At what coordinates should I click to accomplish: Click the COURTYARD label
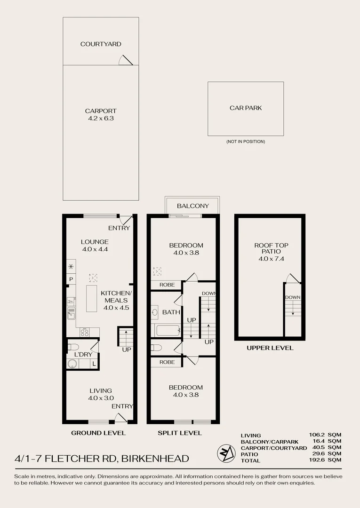point(101,44)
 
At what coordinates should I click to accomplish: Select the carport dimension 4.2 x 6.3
point(101,118)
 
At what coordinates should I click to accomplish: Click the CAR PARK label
point(246,108)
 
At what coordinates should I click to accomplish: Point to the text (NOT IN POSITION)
point(246,142)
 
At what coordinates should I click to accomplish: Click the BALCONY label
point(193,206)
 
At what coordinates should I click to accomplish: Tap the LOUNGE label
point(95,242)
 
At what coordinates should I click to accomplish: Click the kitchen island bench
point(92,298)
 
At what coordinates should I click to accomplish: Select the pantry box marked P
point(71,279)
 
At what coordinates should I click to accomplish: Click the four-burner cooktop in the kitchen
point(85,333)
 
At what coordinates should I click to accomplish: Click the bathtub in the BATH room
point(168,331)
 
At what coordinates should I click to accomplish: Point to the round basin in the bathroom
point(154,312)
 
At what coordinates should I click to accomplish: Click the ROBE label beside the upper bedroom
point(167,285)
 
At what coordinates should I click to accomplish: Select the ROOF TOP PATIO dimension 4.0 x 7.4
point(271,259)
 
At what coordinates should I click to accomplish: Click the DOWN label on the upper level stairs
point(293,297)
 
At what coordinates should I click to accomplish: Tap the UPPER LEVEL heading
point(270,348)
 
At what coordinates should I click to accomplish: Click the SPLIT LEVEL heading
point(179,433)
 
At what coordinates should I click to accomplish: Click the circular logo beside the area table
point(226,453)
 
